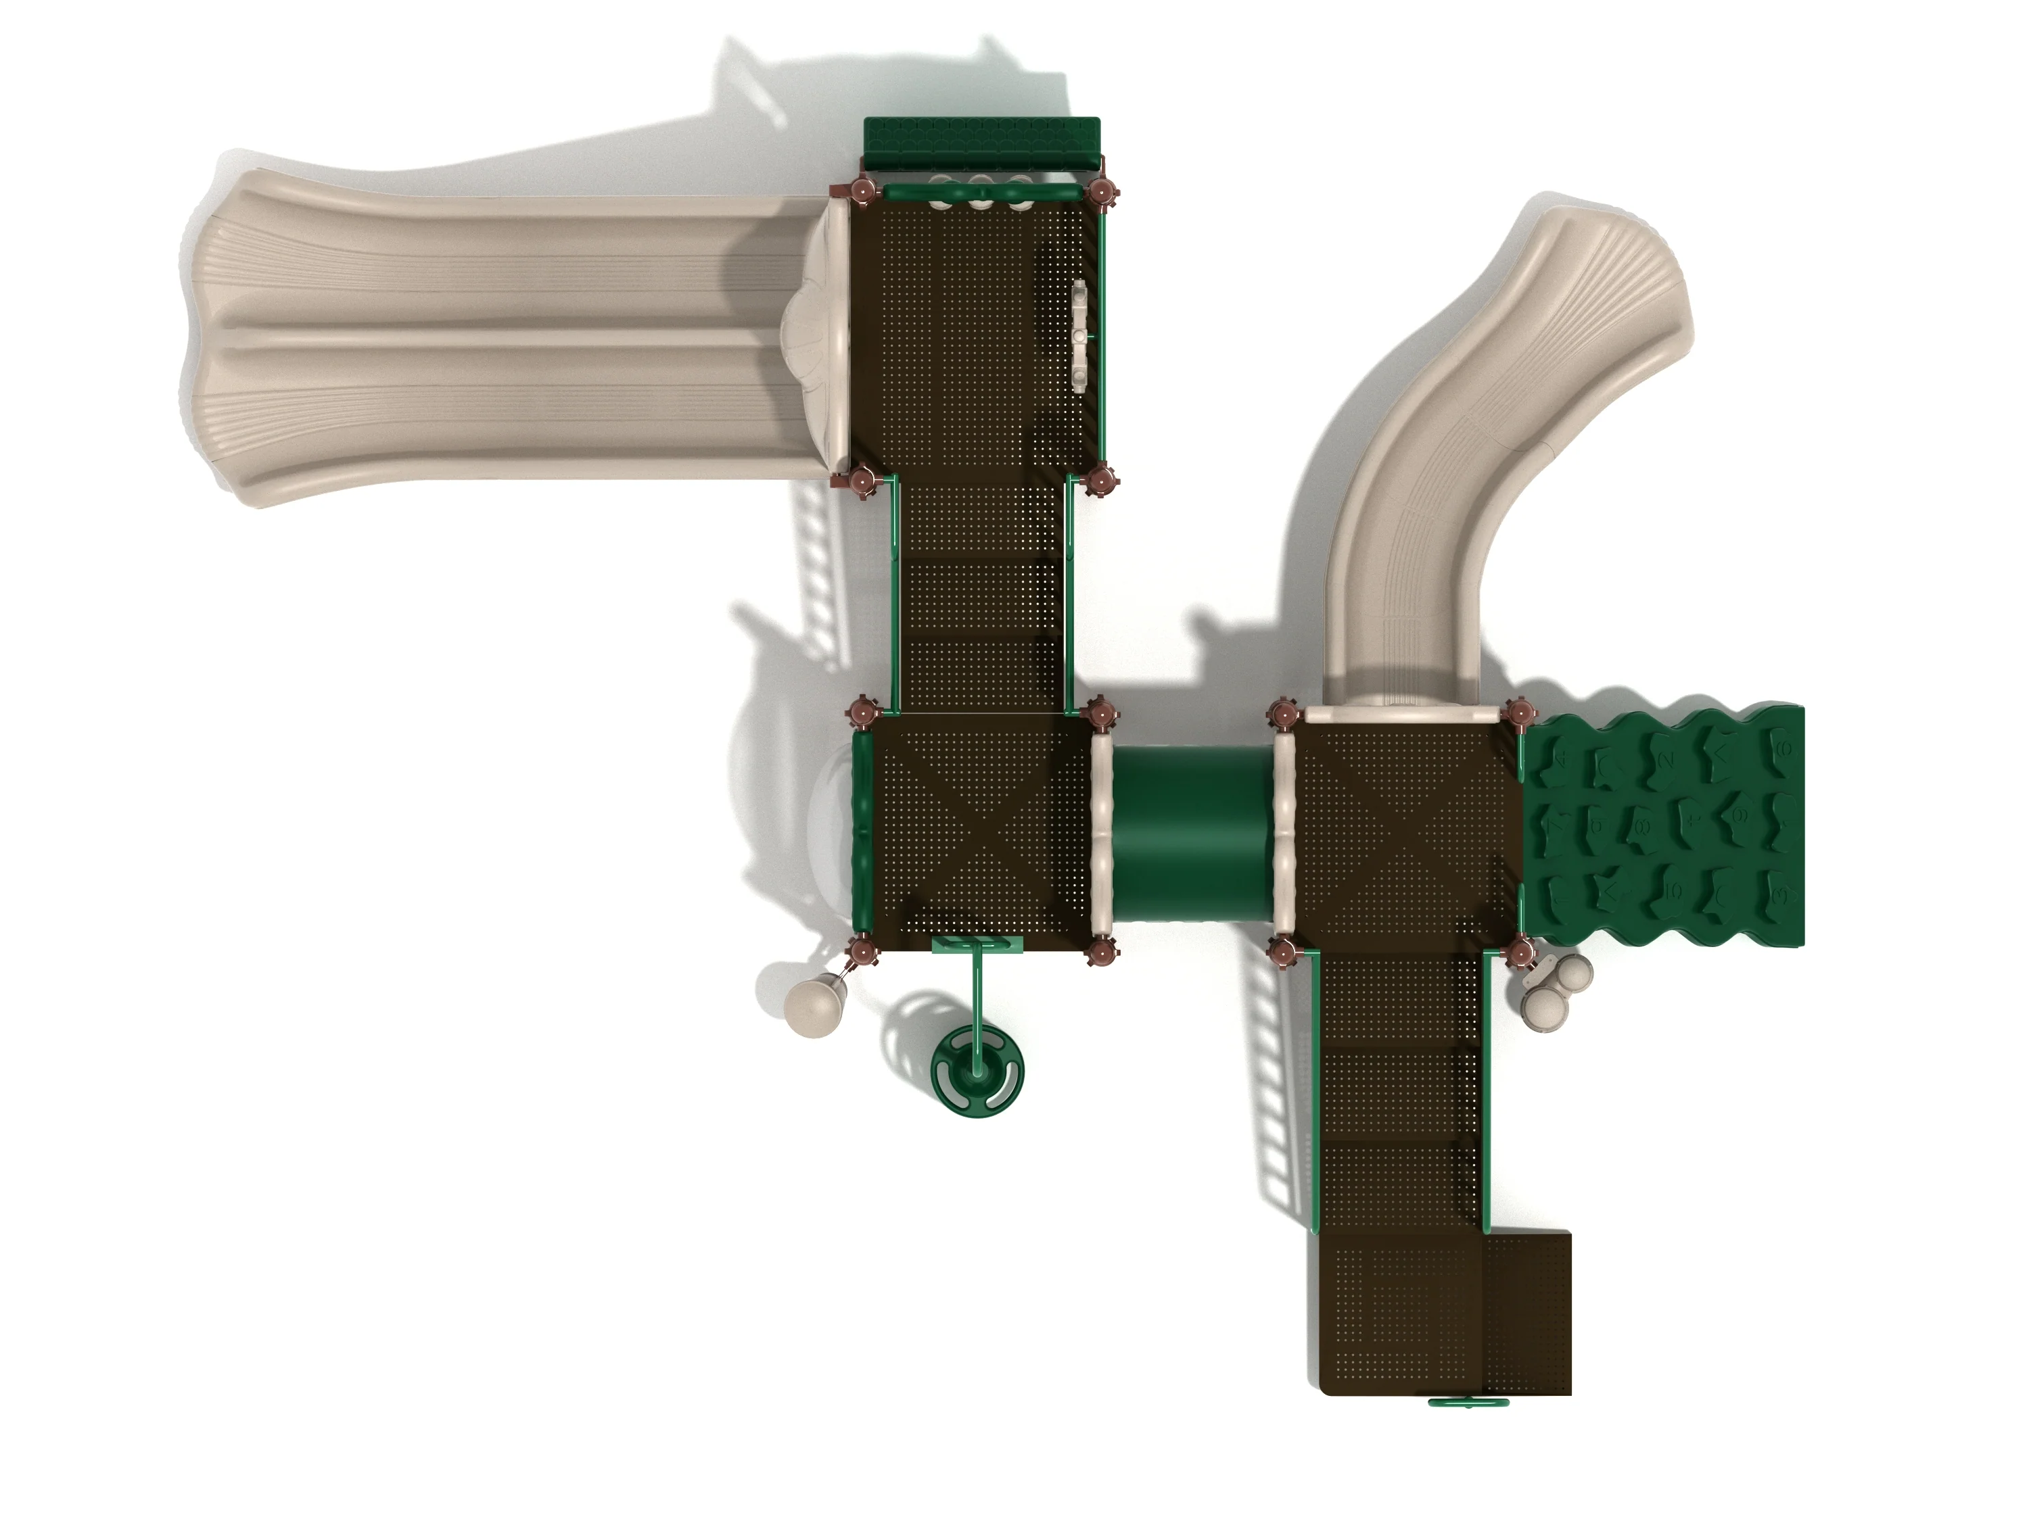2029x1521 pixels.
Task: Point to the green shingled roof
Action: click(981, 141)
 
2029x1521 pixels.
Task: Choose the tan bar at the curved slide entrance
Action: click(1403, 715)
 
